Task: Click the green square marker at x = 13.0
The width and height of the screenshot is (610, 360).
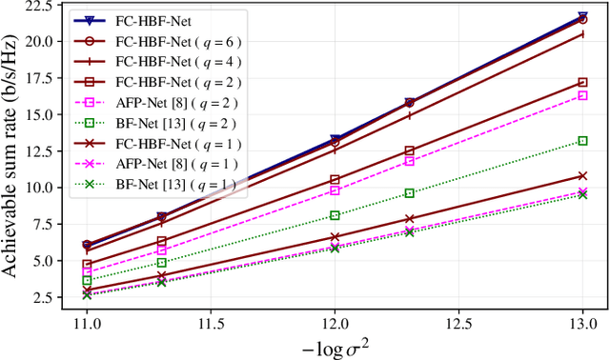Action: point(583,141)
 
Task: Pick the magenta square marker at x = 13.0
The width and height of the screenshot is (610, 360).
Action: point(583,95)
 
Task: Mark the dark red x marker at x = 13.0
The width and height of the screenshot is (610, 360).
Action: point(583,175)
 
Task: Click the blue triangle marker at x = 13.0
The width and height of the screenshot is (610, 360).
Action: point(583,17)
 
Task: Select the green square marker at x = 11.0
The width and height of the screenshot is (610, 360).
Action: point(87,281)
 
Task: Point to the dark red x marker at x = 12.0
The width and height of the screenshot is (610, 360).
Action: point(335,237)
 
